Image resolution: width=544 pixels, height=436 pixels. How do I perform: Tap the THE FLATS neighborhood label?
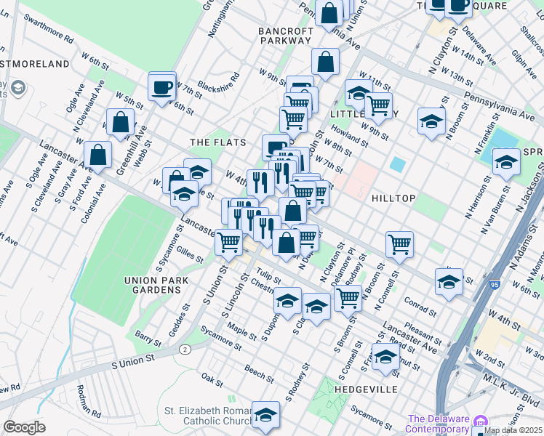click(x=217, y=142)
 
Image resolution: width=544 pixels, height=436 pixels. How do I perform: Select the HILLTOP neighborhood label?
click(x=393, y=198)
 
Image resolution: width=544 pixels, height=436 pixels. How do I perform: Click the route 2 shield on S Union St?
click(x=186, y=350)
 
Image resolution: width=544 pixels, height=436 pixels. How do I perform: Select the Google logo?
click(x=24, y=427)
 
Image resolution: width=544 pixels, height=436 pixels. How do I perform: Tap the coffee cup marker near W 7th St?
click(x=162, y=87)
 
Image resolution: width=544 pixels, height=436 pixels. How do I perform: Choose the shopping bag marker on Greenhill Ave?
click(x=121, y=123)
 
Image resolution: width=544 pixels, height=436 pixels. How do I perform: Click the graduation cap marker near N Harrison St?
click(x=506, y=163)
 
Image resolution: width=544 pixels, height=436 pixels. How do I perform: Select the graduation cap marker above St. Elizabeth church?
click(x=266, y=415)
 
